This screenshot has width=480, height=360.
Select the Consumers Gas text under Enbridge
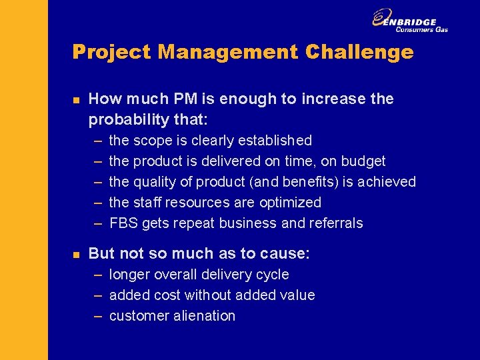pyautogui.click(x=421, y=29)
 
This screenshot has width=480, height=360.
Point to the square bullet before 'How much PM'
pyautogui.click(x=76, y=99)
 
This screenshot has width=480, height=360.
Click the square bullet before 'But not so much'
pyautogui.click(x=76, y=254)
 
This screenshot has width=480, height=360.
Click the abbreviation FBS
pyautogui.click(x=123, y=223)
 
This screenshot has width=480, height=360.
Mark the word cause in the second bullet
pyautogui.click(x=287, y=254)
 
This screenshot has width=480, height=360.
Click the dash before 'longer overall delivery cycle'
pyautogui.click(x=97, y=275)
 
